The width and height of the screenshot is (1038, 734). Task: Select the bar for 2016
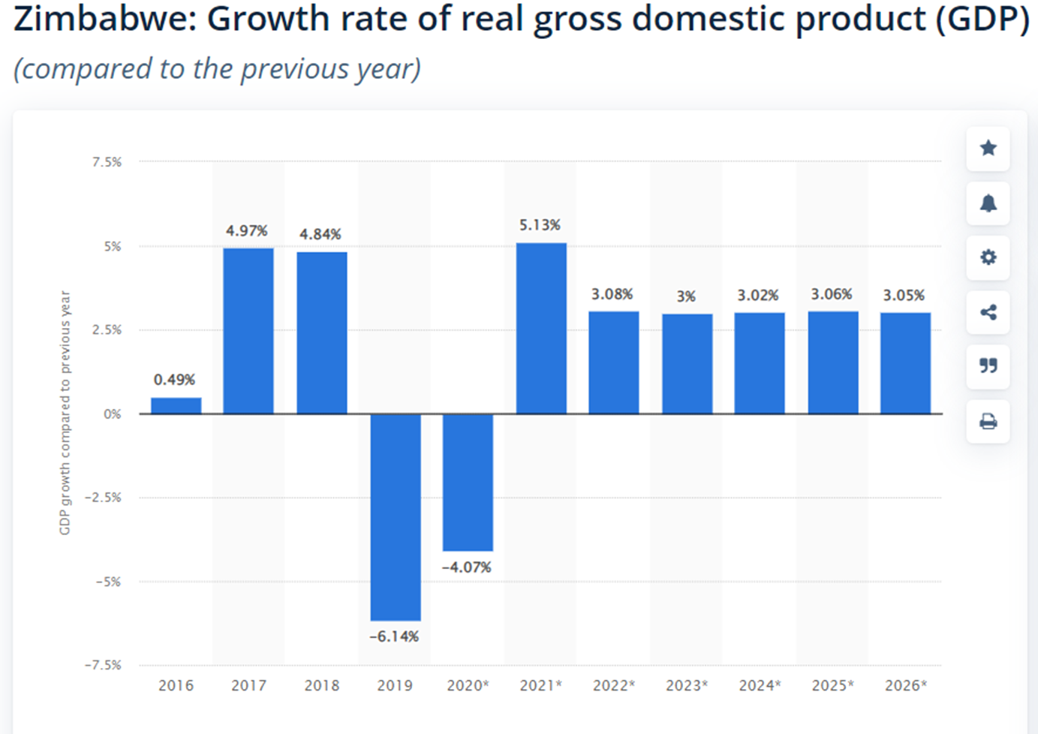pos(176,405)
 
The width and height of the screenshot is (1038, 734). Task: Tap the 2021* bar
pos(541,328)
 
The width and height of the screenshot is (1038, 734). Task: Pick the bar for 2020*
pos(468,482)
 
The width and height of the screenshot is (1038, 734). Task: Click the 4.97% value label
pos(247,230)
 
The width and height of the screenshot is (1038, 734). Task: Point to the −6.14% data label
pos(394,636)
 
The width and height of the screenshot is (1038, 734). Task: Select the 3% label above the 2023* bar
pos(686,296)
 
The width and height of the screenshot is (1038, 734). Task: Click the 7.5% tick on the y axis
pos(107,162)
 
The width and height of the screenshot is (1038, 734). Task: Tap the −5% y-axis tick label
pos(108,582)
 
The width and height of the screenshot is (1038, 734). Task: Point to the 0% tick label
pos(112,414)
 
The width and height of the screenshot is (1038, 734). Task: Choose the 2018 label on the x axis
pos(321,685)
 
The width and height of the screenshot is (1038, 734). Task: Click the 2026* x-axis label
pos(906,685)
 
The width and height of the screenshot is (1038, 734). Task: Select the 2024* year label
pos(760,685)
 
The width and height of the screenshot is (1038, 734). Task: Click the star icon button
pos(988,148)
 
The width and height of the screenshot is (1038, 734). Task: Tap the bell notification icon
pos(988,203)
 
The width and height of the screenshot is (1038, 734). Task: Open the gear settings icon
pos(988,257)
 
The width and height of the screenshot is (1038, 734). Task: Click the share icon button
pos(988,312)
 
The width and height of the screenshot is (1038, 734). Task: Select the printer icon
pos(988,422)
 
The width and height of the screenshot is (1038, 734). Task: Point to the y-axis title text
pos(65,413)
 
